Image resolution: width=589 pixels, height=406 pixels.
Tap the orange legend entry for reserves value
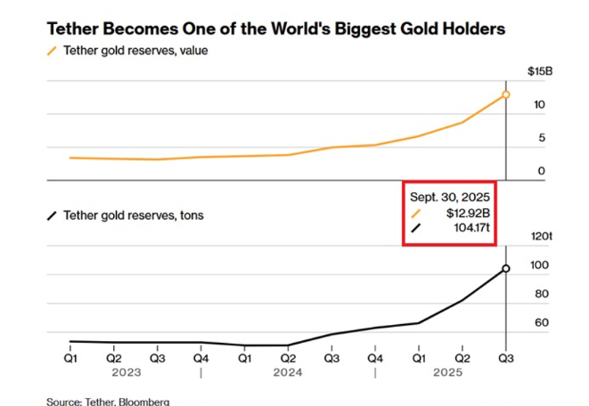133,51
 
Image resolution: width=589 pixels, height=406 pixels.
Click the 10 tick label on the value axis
539,105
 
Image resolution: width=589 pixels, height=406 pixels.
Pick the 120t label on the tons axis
542,237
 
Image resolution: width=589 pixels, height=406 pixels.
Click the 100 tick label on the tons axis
539,266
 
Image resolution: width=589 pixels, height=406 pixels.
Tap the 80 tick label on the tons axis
541,294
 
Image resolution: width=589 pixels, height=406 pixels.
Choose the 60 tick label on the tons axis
541,322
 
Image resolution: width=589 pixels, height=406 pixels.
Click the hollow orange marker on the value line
505,94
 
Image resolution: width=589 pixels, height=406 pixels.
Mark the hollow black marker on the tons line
505,268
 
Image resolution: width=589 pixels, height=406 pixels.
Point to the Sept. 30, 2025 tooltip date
451,197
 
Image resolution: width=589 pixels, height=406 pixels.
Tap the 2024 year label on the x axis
288,373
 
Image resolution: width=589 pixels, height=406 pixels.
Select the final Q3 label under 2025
505,359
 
